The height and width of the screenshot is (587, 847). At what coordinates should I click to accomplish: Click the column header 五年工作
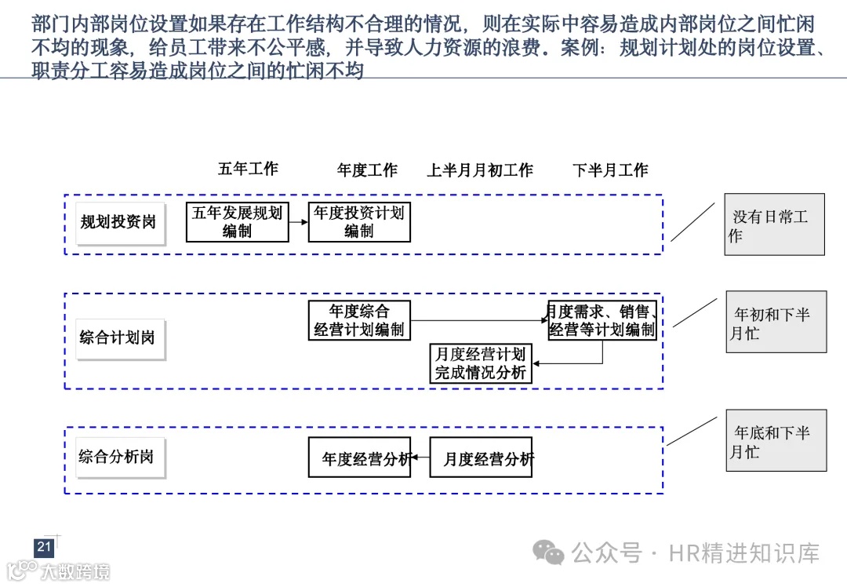pyautogui.click(x=248, y=169)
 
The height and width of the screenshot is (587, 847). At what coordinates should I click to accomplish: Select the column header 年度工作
pyautogui.click(x=367, y=170)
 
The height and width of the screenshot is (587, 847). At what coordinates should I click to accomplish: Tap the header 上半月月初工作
pyautogui.click(x=479, y=170)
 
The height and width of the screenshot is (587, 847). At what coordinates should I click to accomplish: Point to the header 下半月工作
pyautogui.click(x=610, y=170)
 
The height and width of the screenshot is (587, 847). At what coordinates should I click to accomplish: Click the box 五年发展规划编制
pyautogui.click(x=237, y=222)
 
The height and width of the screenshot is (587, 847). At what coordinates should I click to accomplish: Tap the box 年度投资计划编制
pyautogui.click(x=359, y=222)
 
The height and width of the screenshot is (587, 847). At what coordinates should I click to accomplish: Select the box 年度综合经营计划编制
pyautogui.click(x=359, y=321)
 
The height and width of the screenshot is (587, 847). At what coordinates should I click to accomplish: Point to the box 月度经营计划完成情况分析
pyautogui.click(x=480, y=363)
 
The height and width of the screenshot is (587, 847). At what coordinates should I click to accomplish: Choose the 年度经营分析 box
pyautogui.click(x=359, y=458)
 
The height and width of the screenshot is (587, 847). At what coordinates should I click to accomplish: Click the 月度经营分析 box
pyautogui.click(x=481, y=458)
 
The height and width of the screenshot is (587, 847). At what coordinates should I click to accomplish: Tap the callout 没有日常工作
pyautogui.click(x=774, y=224)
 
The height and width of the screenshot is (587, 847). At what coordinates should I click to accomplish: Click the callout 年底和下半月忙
pyautogui.click(x=776, y=441)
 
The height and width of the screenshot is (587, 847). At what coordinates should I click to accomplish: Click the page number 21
pyautogui.click(x=44, y=547)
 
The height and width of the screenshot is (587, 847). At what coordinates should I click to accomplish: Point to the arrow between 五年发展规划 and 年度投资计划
pyautogui.click(x=298, y=222)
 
